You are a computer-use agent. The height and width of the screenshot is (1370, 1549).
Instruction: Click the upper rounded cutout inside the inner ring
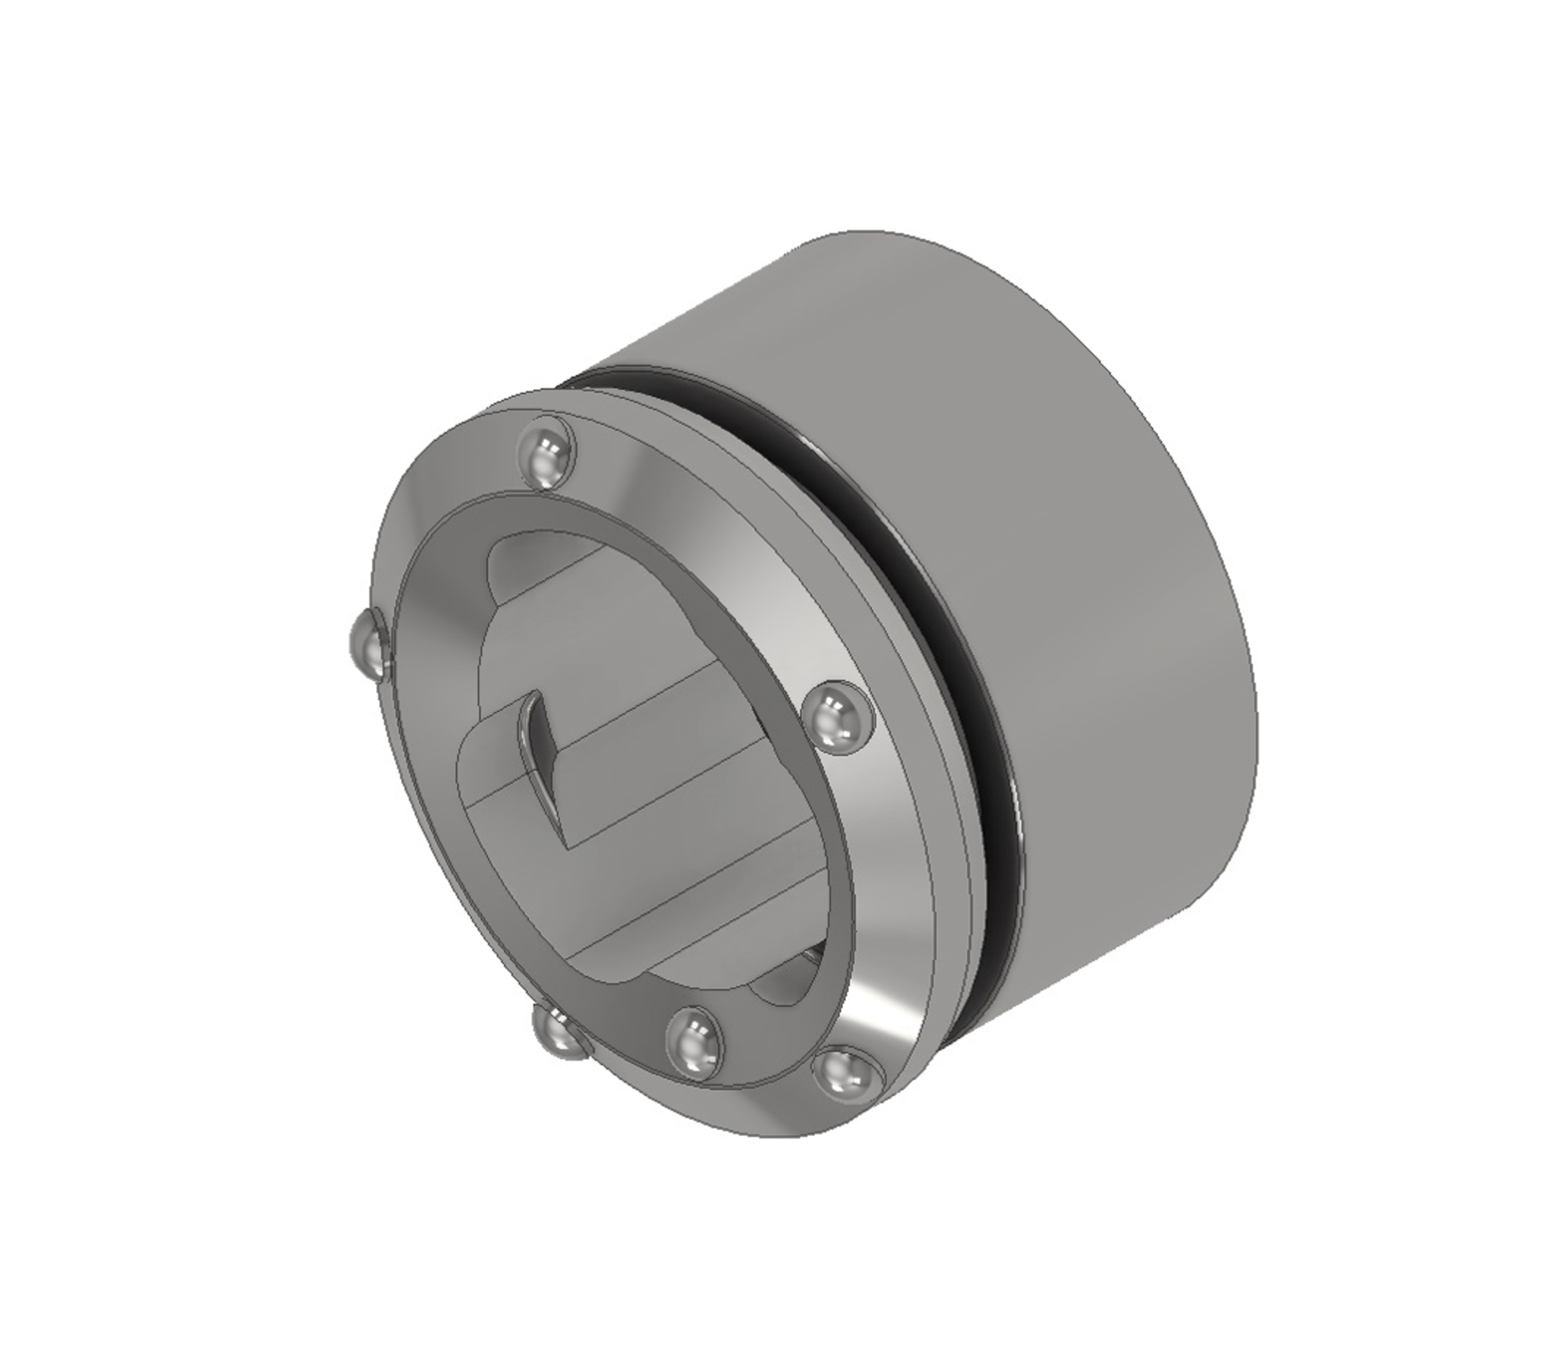(x=523, y=565)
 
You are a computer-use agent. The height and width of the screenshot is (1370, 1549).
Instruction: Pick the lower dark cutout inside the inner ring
(x=788, y=985)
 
